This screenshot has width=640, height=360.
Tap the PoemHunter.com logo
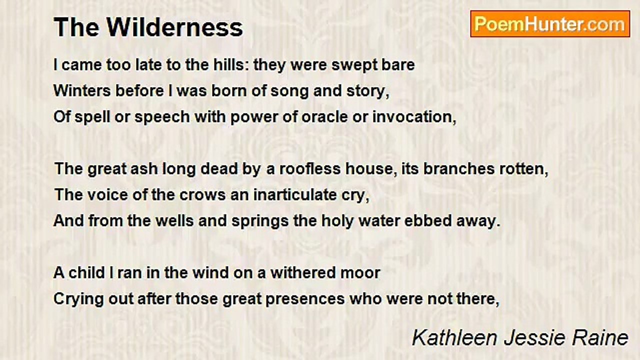(x=550, y=24)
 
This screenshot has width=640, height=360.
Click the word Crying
(x=75, y=299)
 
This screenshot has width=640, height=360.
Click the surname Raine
(x=602, y=337)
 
